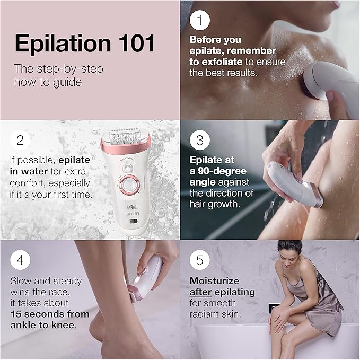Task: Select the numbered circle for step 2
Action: click(x=20, y=141)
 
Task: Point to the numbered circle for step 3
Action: click(x=200, y=141)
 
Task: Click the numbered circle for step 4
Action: click(x=20, y=260)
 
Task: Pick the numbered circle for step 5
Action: click(x=200, y=260)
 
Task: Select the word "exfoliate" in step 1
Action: click(x=223, y=61)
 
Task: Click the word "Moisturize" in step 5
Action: click(x=214, y=281)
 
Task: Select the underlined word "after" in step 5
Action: click(x=201, y=292)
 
